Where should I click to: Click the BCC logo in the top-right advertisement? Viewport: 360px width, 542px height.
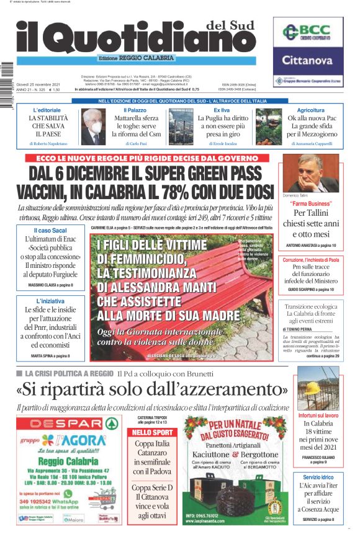tap(308, 33)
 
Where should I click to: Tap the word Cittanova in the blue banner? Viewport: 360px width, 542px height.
tap(308, 60)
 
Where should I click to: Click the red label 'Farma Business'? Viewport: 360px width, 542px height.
tap(311, 203)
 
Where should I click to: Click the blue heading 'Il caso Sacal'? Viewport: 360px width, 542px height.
tap(50, 230)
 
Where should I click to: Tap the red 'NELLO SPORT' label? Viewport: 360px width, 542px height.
tap(152, 432)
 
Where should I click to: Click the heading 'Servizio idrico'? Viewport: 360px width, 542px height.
tap(318, 476)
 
